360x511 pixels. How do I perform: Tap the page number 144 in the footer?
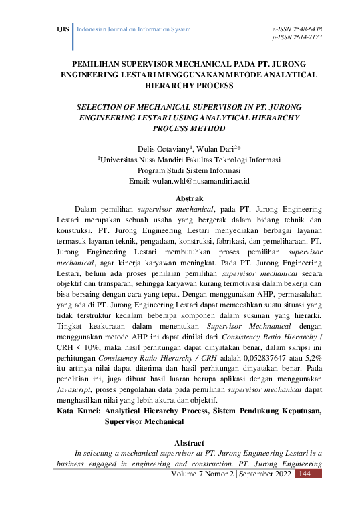pos(305,474)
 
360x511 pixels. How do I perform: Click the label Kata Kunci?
pos(78,412)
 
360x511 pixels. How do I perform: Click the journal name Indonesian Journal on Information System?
pos(135,30)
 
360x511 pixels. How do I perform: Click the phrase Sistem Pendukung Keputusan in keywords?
pos(265,412)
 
